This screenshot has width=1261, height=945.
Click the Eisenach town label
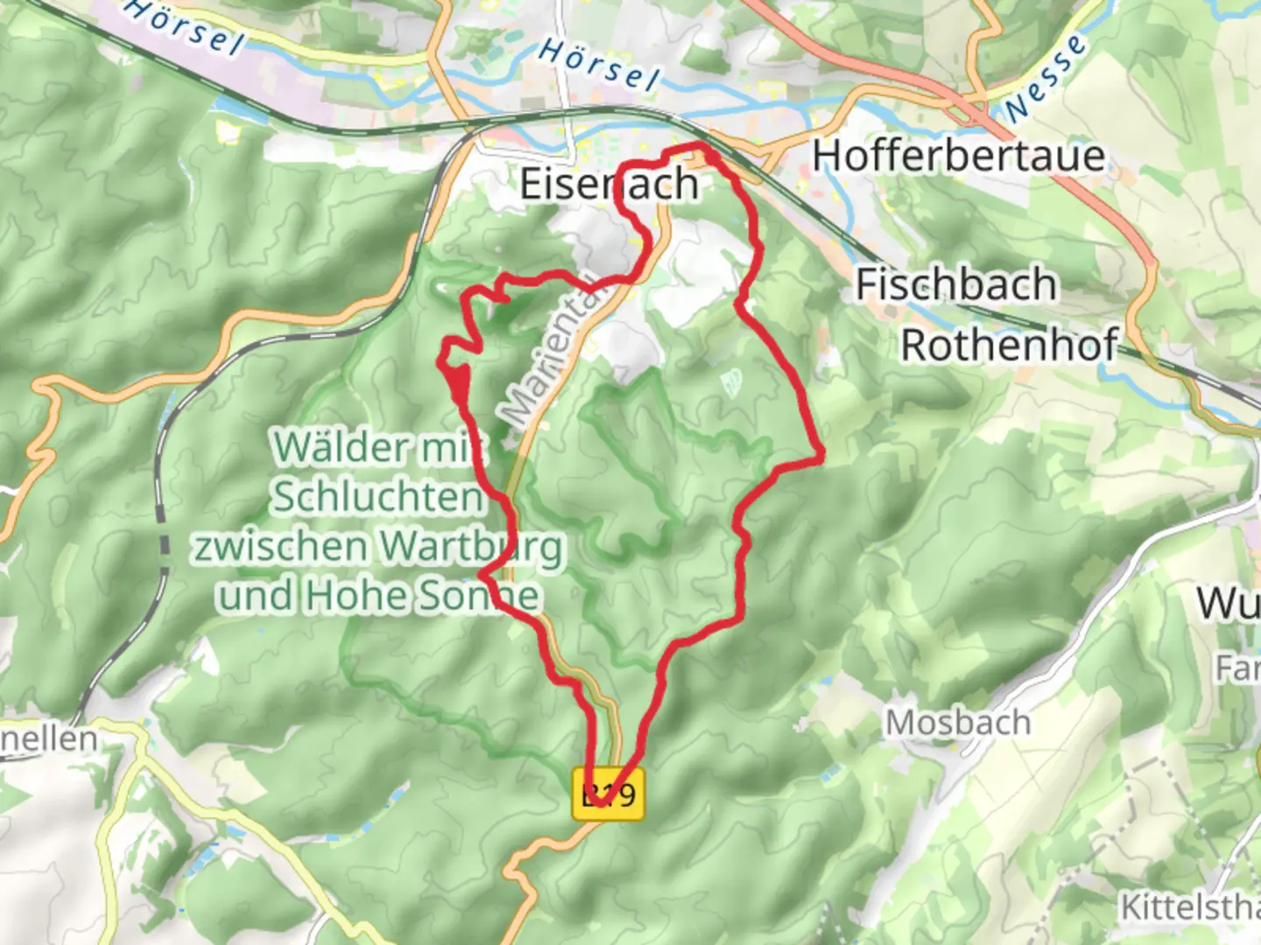[609, 185]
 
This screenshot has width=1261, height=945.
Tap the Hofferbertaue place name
[958, 157]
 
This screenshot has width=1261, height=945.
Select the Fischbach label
[955, 285]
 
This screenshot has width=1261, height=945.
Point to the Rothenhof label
[1010, 346]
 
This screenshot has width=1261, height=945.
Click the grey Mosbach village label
[958, 724]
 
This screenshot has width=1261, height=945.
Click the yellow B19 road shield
[609, 794]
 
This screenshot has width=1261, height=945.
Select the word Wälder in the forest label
[342, 448]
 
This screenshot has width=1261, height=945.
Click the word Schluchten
[377, 497]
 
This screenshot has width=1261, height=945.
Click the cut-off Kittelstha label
[1191, 907]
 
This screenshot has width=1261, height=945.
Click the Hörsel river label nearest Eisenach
[599, 64]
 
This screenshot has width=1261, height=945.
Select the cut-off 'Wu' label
[1228, 604]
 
